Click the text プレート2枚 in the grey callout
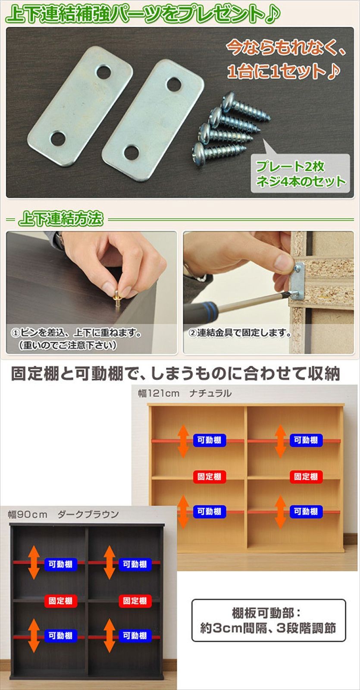(290, 166)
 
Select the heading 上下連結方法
(61, 220)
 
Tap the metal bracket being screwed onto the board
(298, 283)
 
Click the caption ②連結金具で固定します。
(241, 333)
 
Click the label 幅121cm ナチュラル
(185, 393)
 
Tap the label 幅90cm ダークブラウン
(63, 514)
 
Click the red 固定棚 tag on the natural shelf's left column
(209, 477)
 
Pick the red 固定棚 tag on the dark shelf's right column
(135, 601)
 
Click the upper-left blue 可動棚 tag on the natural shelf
(209, 440)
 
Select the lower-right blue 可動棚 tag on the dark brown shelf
(135, 636)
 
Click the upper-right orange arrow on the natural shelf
(280, 441)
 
